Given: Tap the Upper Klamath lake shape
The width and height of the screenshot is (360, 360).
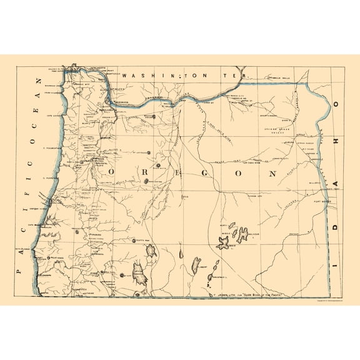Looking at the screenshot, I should (139, 272).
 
